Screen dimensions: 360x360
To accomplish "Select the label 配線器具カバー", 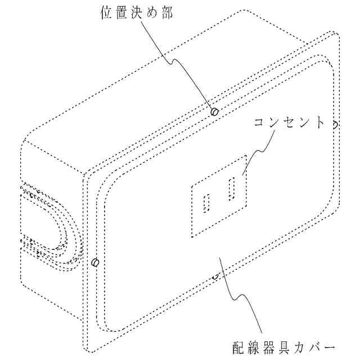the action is pos(284,344).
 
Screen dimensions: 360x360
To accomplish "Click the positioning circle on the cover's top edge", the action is pos(214,112).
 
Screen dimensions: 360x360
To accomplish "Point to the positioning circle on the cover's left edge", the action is pos(95,262).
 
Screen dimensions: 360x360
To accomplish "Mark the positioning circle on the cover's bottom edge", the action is pos(215,276).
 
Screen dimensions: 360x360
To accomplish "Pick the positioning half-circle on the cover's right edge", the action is pos(334,124).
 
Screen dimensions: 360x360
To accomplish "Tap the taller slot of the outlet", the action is pos(231,188).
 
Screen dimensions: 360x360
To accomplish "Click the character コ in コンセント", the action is pos(259,123).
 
